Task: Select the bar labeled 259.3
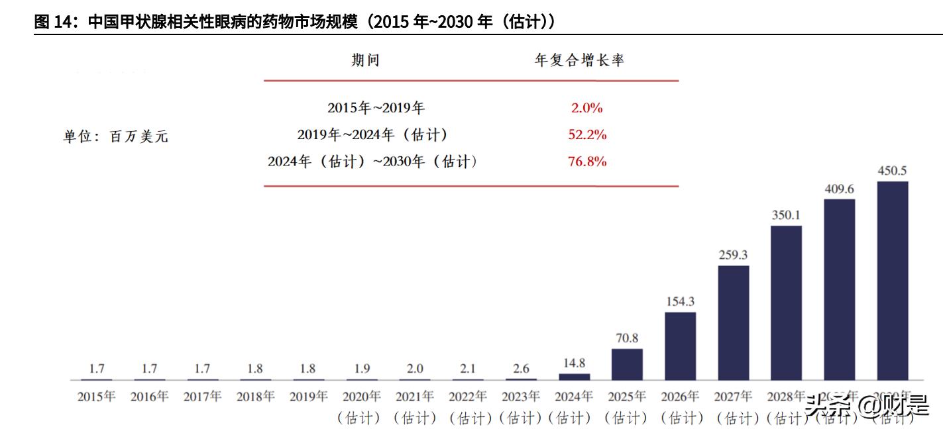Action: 733,322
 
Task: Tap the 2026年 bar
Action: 680,346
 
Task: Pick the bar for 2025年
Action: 627,364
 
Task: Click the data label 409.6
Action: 839,189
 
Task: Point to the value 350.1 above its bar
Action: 786,215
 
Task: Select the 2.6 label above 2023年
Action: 521,369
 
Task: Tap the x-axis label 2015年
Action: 97,397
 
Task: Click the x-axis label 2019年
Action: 309,397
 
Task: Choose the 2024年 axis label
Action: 574,397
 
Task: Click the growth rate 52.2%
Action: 587,135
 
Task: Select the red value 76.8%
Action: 587,162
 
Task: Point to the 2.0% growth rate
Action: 587,108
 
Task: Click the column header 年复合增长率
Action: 580,61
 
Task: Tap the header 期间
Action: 366,61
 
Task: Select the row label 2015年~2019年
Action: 376,108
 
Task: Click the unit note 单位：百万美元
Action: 116,137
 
